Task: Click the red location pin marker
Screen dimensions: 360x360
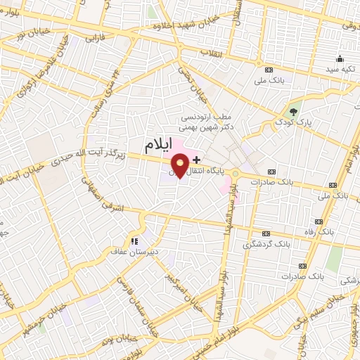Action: (x=180, y=166)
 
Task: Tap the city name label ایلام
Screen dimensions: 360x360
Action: (x=157, y=146)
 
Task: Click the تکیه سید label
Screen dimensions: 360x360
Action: (x=340, y=70)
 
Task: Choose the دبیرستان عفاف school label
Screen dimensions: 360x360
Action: (x=137, y=250)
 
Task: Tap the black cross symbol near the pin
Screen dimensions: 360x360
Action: (x=196, y=160)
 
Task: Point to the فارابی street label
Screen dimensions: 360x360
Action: (x=94, y=39)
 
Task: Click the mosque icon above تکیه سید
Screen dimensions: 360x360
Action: (x=340, y=58)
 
